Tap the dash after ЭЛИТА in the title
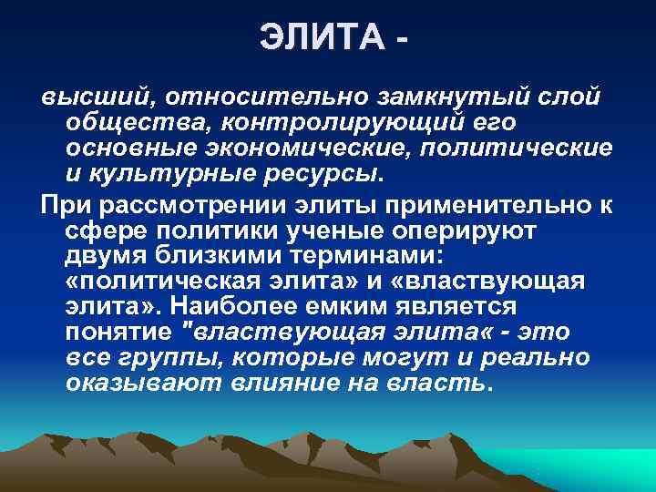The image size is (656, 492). [404, 40]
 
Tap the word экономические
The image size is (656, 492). [328, 148]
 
